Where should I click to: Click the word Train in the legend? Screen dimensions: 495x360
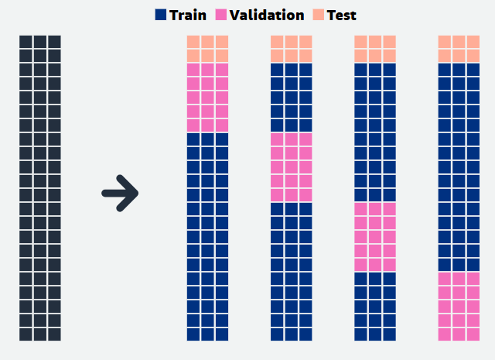tap(188, 15)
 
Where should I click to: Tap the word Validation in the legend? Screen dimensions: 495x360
tap(267, 15)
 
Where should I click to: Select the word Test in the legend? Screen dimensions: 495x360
tap(341, 15)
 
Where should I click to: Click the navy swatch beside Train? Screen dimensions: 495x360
tap(161, 15)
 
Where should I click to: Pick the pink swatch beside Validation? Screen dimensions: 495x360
tap(221, 15)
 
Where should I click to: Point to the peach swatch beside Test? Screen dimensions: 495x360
tap(319, 15)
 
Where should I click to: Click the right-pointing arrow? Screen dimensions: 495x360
tap(121, 193)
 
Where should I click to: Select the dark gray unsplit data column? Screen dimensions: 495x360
tap(40, 187)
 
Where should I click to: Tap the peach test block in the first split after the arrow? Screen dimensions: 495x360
tap(207, 49)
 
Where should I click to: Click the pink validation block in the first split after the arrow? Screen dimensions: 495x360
tap(207, 98)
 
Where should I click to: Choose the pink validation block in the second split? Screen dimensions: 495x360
tap(292, 167)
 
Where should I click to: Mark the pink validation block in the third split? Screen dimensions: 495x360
tap(375, 237)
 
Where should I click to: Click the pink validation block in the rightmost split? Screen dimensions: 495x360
tap(459, 307)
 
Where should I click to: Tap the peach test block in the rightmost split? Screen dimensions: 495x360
tap(459, 49)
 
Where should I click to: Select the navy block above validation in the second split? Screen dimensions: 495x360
tap(292, 98)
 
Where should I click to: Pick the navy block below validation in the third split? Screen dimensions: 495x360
tap(375, 307)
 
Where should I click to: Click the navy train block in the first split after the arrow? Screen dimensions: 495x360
tap(207, 237)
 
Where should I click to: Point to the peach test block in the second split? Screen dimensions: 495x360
tap(292, 49)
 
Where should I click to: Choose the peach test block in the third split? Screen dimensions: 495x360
tap(375, 49)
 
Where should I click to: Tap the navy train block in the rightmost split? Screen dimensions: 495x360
tap(459, 167)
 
